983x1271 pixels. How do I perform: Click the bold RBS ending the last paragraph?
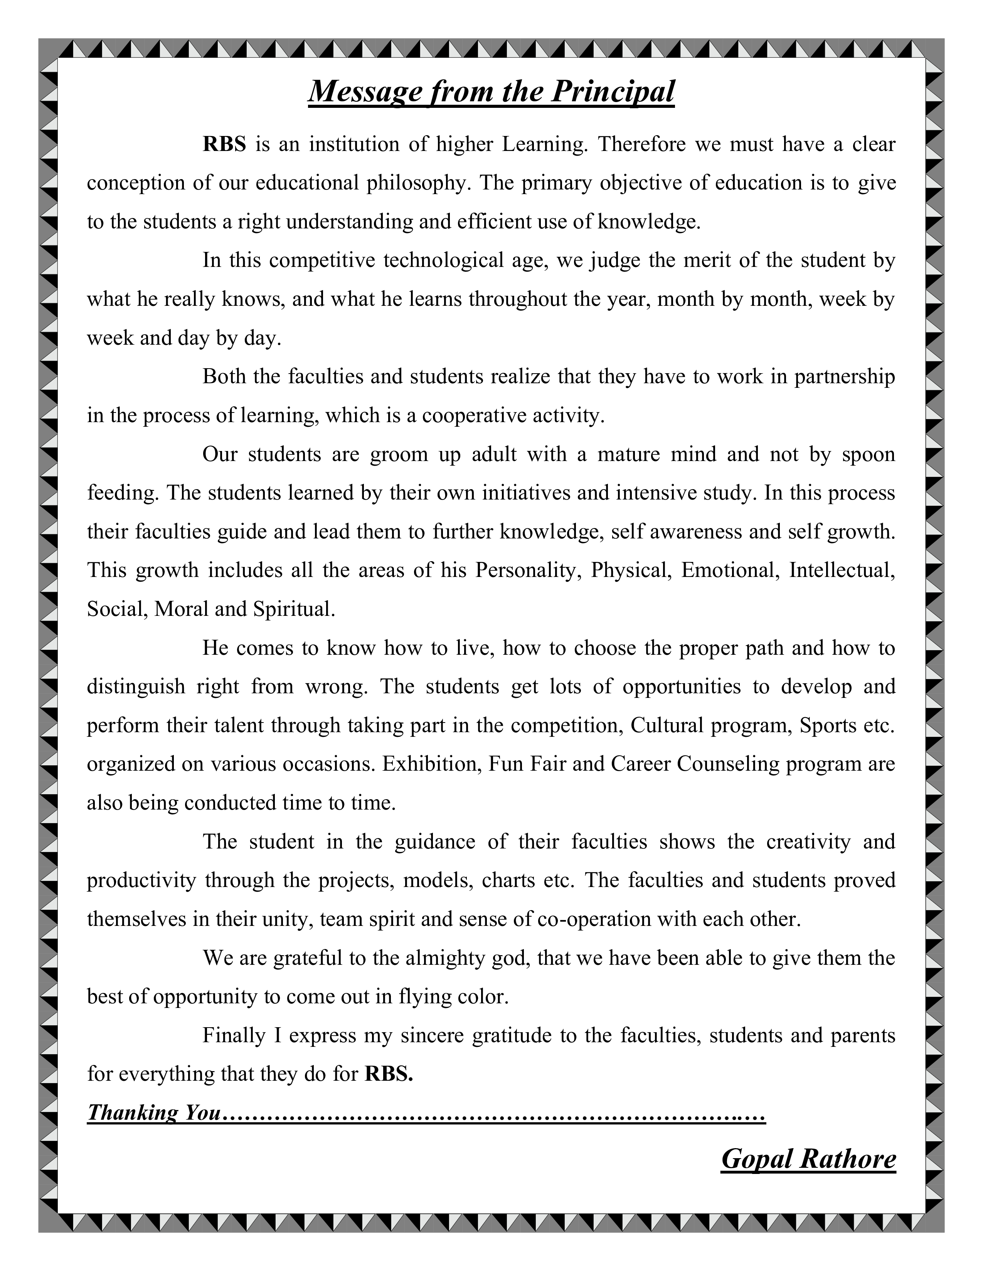(389, 1074)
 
